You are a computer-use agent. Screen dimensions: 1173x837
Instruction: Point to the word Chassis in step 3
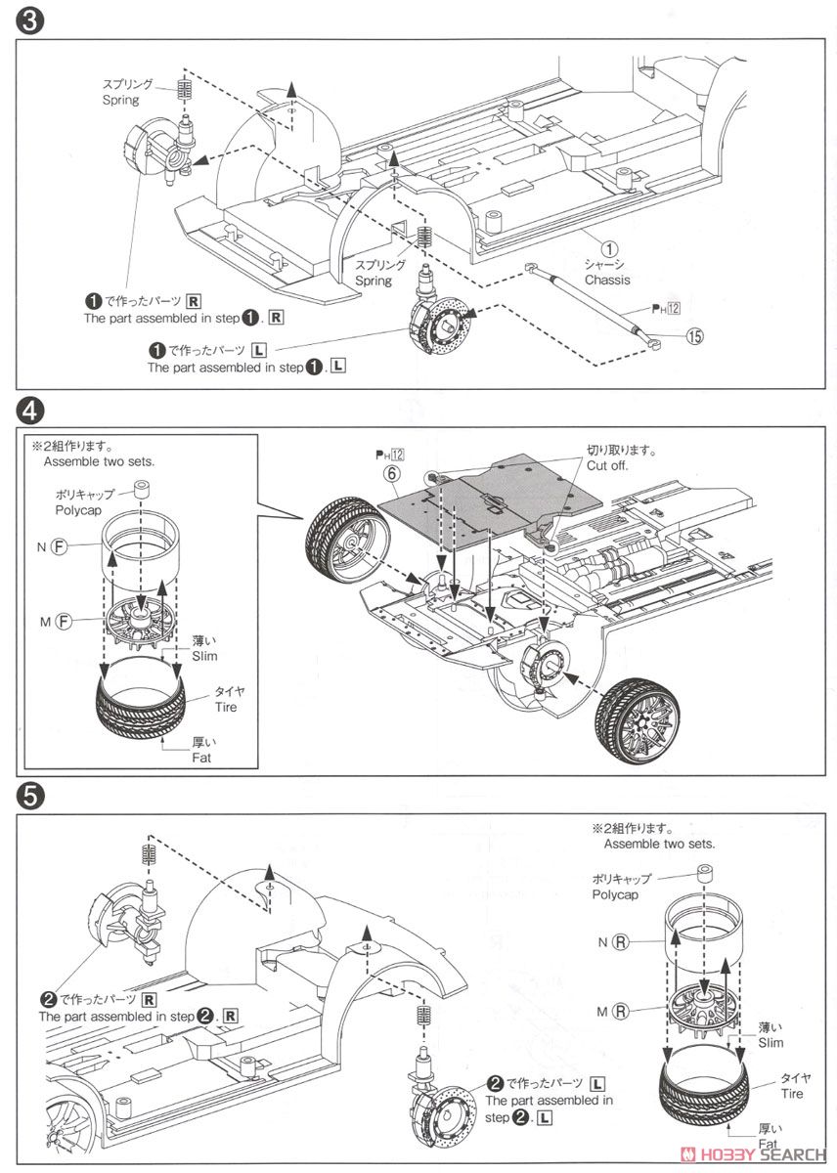(608, 280)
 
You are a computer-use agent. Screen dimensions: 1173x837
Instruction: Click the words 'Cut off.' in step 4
(608, 466)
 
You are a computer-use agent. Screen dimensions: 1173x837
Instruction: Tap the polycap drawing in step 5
(702, 871)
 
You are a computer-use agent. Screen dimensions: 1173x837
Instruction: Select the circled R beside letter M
(620, 1011)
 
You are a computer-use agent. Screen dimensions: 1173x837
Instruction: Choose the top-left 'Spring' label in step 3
(121, 100)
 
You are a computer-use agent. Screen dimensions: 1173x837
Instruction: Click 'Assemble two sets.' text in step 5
(659, 843)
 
